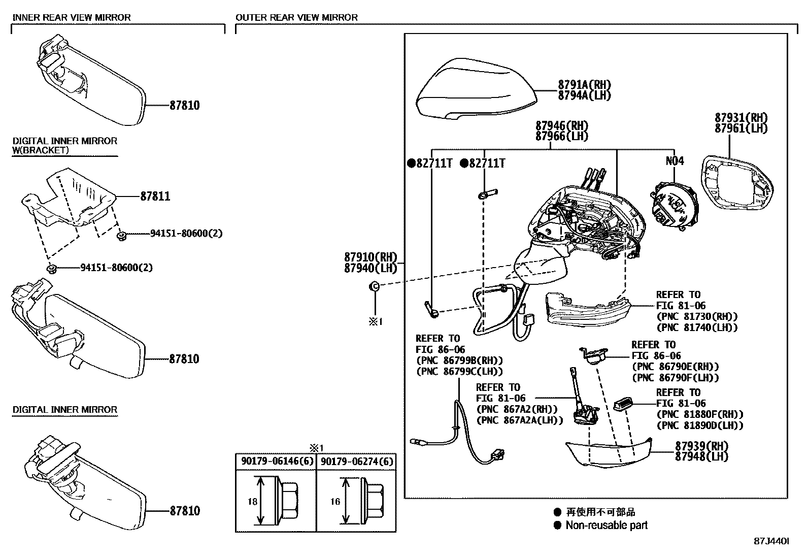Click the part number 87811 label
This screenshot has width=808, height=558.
click(x=155, y=196)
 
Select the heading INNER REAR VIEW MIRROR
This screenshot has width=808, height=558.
click(x=72, y=17)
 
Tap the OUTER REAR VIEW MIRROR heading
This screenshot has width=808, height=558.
click(x=296, y=17)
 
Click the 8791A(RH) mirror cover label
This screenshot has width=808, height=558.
click(x=584, y=85)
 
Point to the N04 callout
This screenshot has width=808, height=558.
click(x=675, y=161)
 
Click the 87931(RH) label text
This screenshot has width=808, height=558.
click(x=741, y=117)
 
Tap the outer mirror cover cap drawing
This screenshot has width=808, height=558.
click(x=475, y=89)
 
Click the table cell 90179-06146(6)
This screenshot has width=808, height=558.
click(x=276, y=462)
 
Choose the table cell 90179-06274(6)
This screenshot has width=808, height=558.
click(x=356, y=462)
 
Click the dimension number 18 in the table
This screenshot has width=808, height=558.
click(x=252, y=502)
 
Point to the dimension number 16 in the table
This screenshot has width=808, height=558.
click(x=334, y=502)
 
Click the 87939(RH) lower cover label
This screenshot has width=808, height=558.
click(x=701, y=445)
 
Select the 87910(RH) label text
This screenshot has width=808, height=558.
click(x=371, y=257)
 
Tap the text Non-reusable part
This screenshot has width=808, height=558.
click(x=607, y=526)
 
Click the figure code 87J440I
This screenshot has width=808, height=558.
click(x=771, y=542)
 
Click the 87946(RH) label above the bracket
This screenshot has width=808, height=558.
click(x=562, y=125)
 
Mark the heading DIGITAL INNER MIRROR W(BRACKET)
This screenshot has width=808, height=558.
click(x=64, y=145)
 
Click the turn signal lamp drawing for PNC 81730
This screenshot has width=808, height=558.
click(x=586, y=309)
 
